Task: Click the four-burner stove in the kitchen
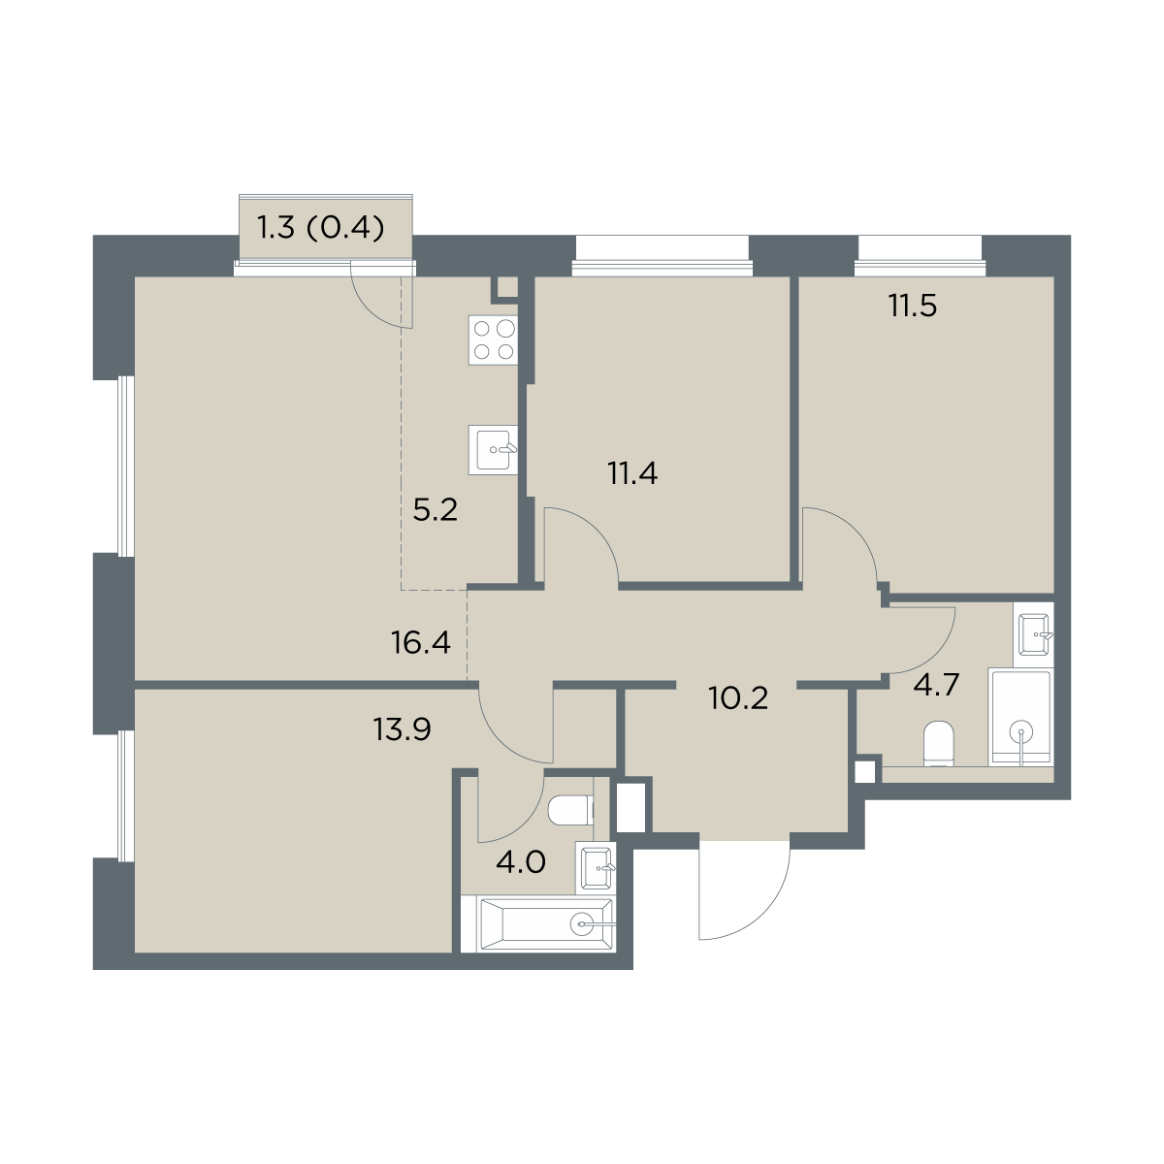(493, 340)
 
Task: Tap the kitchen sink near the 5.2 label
(493, 449)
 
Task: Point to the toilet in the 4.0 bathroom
(569, 810)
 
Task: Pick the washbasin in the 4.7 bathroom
(1036, 634)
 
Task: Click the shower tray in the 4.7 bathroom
(1020, 717)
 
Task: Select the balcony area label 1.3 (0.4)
(321, 229)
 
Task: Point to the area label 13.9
(403, 729)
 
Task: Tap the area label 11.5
(913, 306)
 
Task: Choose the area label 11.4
(632, 473)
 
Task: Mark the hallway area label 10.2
(739, 698)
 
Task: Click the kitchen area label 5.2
(435, 510)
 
